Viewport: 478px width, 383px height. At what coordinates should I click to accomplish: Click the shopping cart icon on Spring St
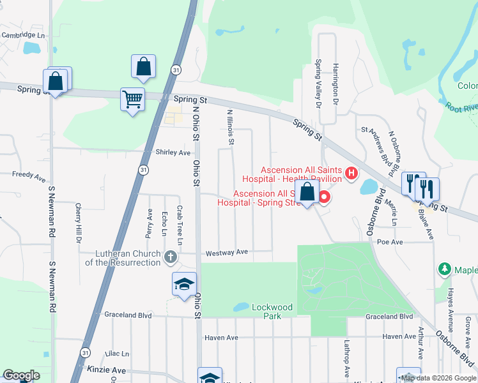pyautogui.click(x=132, y=100)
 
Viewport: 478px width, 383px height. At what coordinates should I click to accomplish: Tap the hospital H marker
pyautogui.click(x=351, y=172)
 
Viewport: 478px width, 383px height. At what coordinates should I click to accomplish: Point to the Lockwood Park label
pyautogui.click(x=272, y=312)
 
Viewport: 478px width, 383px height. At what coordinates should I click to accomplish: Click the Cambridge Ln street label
pyautogui.click(x=24, y=36)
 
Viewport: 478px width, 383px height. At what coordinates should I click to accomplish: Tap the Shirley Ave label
pyautogui.click(x=173, y=153)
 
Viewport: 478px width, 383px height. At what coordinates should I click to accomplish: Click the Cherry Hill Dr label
pyautogui.click(x=78, y=223)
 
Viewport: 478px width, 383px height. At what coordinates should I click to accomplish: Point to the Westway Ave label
pyautogui.click(x=226, y=252)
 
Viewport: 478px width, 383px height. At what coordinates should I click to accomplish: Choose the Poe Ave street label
pyautogui.click(x=390, y=242)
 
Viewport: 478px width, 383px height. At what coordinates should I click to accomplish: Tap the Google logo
pyautogui.click(x=20, y=375)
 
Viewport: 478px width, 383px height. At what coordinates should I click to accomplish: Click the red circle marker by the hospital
pyautogui.click(x=324, y=197)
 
